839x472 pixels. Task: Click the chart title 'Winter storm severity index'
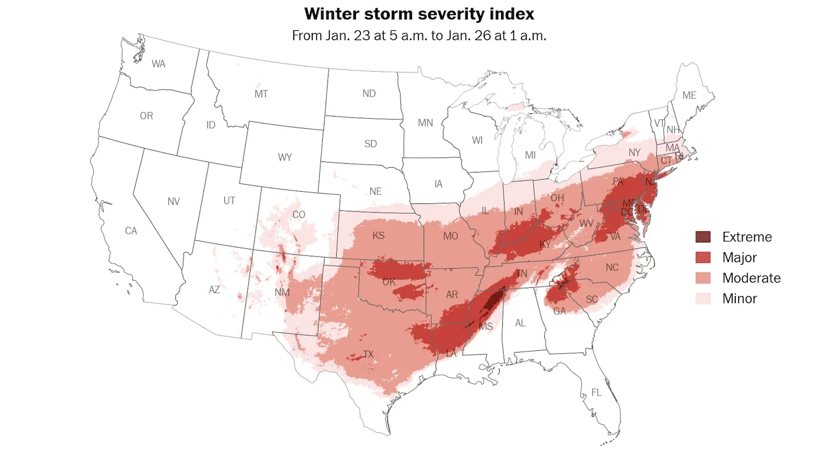419,13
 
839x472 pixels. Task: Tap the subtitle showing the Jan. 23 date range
419,36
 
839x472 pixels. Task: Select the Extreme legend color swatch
703,237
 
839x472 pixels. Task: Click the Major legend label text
739,258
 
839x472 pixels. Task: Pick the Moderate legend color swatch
703,278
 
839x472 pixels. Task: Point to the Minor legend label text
739,298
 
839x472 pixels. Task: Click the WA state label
158,64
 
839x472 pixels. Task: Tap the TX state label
368,354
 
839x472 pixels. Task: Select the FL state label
596,393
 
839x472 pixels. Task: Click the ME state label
689,95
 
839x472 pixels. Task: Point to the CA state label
131,231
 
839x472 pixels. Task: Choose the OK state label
389,282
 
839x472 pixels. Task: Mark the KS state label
379,237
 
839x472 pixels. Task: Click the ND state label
369,94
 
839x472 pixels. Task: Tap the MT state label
262,94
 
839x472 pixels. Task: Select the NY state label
634,153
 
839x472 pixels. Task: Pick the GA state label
559,311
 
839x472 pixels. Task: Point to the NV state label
174,202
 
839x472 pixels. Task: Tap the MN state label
425,123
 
